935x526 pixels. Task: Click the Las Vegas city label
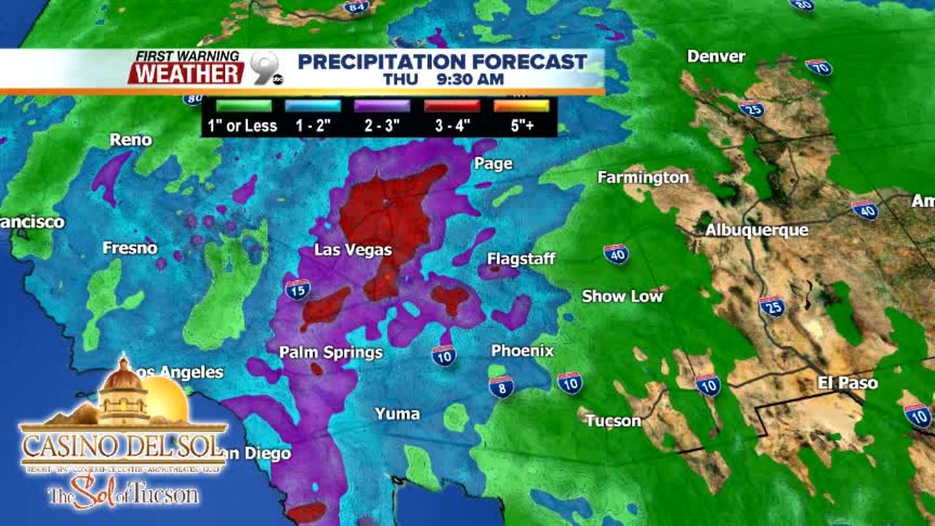(x=353, y=250)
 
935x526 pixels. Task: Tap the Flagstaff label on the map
(x=521, y=259)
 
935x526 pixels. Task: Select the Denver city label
(x=716, y=56)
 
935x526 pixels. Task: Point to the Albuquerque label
(x=756, y=230)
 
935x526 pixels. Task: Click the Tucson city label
(x=613, y=421)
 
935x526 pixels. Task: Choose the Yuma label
(x=397, y=414)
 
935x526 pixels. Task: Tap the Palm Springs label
(x=331, y=352)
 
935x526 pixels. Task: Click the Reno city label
(x=131, y=140)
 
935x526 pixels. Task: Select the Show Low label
(x=622, y=296)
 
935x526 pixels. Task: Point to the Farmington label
(x=643, y=178)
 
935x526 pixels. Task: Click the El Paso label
(x=847, y=383)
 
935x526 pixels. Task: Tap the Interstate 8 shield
(x=501, y=386)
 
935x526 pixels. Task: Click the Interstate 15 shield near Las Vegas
(x=297, y=290)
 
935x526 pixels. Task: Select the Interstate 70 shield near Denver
(x=819, y=67)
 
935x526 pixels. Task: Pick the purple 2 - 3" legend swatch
(x=382, y=106)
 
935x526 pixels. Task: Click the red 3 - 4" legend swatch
(x=452, y=106)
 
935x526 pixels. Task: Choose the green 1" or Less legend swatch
(x=243, y=106)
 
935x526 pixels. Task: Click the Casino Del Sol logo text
(x=123, y=445)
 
